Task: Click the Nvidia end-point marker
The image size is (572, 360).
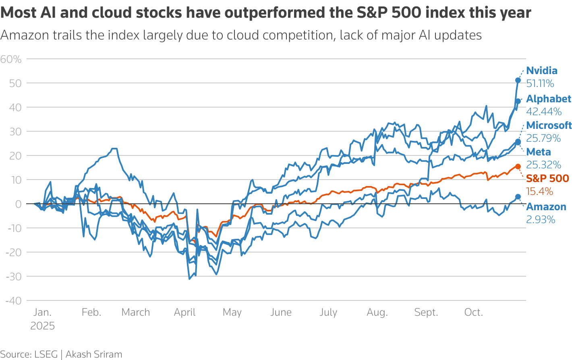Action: pos(518,80)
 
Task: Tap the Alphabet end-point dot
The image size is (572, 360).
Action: pos(518,101)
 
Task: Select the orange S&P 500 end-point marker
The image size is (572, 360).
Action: pos(518,166)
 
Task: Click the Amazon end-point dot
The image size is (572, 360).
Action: pos(518,197)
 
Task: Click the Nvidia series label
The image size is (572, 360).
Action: pos(542,71)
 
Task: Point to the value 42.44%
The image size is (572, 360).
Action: pos(544,112)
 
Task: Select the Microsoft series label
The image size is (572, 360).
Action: pos(549,125)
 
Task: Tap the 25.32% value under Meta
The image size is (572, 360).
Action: pos(543,165)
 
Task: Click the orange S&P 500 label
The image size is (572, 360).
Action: pos(547,178)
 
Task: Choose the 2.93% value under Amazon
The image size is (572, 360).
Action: pos(541,219)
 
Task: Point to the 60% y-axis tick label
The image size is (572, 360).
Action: pos(11,60)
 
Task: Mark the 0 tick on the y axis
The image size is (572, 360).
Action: pos(18,204)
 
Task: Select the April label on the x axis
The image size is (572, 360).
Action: pos(185,312)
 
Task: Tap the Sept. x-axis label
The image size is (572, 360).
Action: pos(426,312)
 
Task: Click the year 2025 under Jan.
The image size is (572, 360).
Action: pos(43,326)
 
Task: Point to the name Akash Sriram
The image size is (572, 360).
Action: pos(94,354)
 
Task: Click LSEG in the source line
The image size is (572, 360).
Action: pos(46,354)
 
